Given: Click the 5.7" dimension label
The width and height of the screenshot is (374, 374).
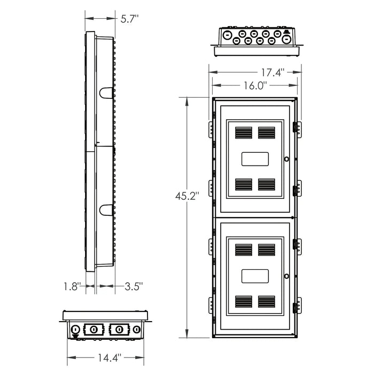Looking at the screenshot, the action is coord(129,19).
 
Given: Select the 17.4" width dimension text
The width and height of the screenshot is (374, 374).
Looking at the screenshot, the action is coord(272,73).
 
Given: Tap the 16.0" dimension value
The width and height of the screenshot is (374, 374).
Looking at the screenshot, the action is coord(255,85).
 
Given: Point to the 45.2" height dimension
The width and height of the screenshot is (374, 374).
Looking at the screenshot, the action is coord(187,196).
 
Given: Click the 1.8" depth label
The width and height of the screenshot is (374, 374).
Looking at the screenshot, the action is coord(72,286).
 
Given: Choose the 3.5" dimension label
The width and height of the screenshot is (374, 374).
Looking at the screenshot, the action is coord(134,286).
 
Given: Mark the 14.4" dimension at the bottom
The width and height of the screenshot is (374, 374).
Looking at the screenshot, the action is coord(110,357).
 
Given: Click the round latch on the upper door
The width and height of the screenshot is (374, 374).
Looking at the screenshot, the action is coord(286,159).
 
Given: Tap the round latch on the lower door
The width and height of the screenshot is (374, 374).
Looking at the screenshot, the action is coord(286,276).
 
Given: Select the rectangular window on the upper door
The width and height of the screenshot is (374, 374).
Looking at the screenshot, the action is coord(255,159).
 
